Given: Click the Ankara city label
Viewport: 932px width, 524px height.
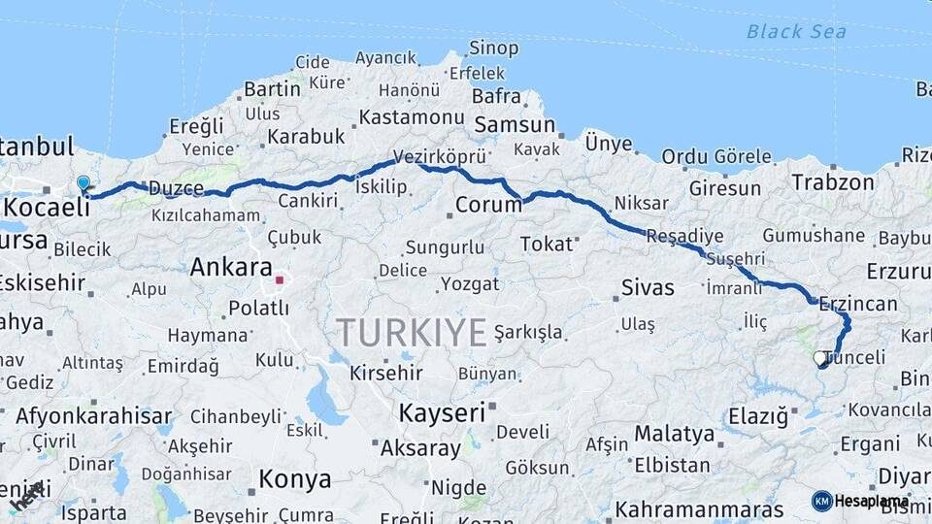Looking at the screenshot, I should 231,268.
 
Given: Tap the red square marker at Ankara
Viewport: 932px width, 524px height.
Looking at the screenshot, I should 280,280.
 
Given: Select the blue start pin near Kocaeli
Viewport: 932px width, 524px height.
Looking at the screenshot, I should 83,183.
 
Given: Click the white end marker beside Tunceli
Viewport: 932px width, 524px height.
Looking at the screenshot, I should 820,358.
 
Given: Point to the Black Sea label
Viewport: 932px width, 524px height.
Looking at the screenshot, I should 796,32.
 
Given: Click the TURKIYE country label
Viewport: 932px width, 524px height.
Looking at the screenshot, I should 412,333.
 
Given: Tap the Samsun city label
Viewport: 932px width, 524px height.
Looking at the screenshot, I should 514,125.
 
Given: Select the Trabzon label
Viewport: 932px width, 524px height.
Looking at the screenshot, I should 833,181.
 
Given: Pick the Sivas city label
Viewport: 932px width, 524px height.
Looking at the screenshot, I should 647,287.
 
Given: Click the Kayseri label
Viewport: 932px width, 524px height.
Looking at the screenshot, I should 442,412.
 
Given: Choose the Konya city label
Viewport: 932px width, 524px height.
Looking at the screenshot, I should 295,479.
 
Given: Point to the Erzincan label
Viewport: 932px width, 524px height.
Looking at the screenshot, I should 858,304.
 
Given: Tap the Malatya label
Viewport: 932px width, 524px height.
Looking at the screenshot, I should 675,434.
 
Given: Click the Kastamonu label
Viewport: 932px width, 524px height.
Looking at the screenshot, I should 411,117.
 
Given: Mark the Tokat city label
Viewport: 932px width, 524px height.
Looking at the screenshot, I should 547,244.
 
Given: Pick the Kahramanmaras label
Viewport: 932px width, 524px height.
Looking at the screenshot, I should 699,509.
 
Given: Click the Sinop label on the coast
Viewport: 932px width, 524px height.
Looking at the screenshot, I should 494,48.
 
